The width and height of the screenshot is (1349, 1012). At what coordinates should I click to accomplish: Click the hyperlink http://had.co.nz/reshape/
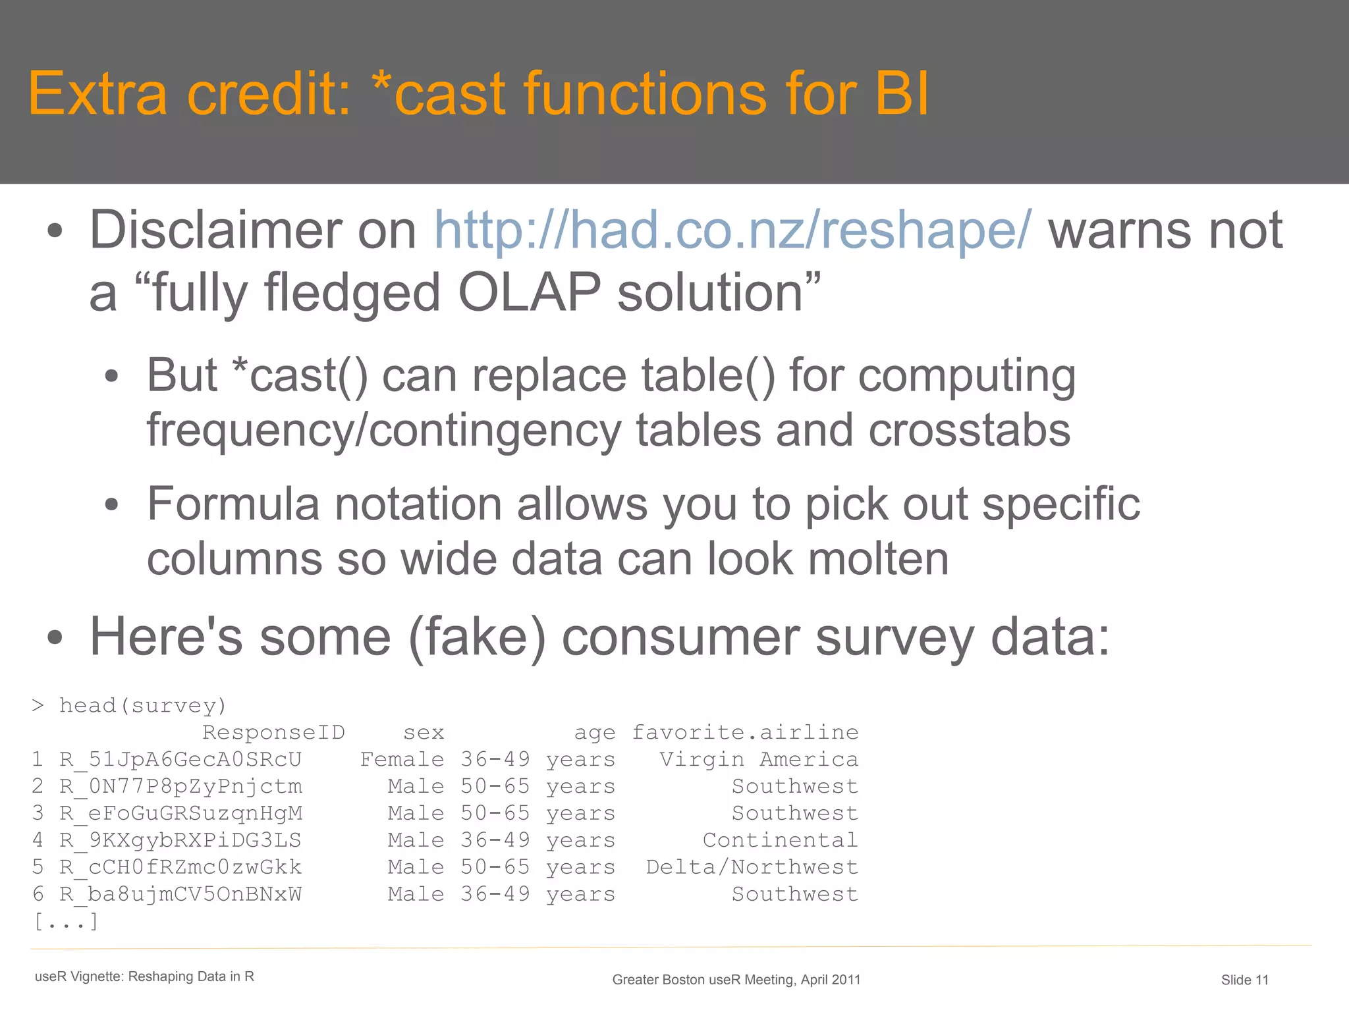pos(732,230)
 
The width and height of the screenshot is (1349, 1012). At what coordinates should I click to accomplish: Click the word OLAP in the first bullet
pos(529,292)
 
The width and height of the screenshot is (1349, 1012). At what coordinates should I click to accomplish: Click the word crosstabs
pos(969,431)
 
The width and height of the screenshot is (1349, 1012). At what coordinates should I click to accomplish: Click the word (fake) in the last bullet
pos(477,637)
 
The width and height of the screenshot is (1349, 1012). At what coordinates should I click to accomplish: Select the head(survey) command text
pos(142,706)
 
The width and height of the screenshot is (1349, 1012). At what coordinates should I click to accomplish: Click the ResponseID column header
pos(273,732)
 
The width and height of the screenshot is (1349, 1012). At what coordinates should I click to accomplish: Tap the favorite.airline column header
pos(745,732)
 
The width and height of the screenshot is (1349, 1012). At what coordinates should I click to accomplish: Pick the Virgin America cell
pos(759,759)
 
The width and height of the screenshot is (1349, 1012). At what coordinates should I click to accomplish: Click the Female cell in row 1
pos(402,759)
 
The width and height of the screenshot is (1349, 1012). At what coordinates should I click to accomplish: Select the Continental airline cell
pos(780,840)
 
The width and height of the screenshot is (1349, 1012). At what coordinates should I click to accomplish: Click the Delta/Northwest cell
pos(752,867)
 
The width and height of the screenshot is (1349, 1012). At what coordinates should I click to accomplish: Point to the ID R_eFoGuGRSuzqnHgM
pos(180,814)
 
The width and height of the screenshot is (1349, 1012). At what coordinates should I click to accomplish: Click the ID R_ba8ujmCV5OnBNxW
pos(180,894)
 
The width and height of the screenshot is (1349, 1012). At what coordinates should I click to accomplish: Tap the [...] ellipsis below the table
pos(66,921)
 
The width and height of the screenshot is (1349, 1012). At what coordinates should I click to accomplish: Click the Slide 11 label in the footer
pos(1244,980)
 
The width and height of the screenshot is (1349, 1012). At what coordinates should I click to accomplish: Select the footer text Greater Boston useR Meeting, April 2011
pos(736,980)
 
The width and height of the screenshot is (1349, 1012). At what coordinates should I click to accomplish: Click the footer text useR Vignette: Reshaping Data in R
pos(144,976)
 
